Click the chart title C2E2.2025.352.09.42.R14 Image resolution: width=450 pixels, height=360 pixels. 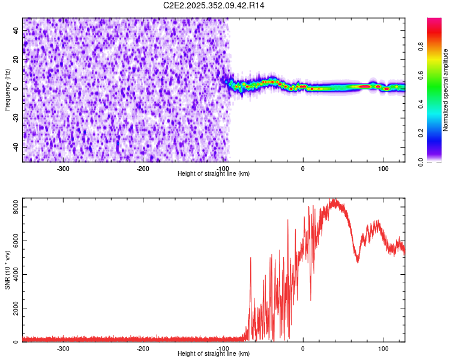(214, 5)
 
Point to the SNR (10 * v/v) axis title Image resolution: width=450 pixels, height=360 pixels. (8, 269)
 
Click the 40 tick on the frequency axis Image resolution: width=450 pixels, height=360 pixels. (16, 31)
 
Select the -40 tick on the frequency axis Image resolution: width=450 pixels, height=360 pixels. (16, 147)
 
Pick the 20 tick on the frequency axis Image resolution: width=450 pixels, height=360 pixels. (16, 60)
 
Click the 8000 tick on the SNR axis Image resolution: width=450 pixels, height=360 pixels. (12, 207)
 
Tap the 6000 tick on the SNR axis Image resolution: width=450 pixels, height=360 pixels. (12, 241)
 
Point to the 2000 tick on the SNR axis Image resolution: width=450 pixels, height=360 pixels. (12, 308)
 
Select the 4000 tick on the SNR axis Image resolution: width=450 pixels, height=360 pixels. (12, 275)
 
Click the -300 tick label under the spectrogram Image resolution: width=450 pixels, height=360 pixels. (63, 169)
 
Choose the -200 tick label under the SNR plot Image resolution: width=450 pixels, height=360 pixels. (143, 349)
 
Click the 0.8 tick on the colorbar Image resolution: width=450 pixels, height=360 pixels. (421, 46)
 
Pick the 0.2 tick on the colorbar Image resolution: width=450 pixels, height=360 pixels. (421, 133)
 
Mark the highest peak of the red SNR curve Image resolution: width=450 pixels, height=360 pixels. (334, 200)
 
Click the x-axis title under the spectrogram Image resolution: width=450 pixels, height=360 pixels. (214, 173)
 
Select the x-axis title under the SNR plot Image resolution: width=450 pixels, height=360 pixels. (214, 353)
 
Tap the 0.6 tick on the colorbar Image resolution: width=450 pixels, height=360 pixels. (421, 75)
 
